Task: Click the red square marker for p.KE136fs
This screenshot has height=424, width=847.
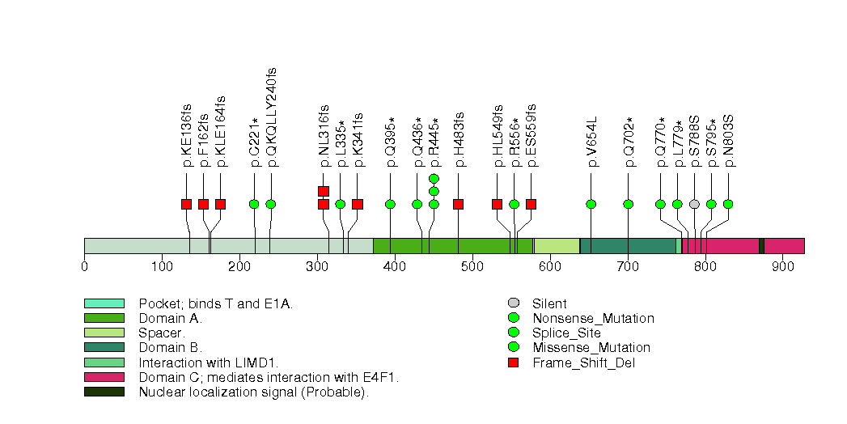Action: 186,204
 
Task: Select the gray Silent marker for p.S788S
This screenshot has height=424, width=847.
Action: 694,204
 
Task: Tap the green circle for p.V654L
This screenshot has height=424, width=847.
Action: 591,204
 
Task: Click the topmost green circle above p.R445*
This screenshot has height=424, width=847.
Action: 434,178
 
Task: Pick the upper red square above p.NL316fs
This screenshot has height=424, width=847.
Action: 324,191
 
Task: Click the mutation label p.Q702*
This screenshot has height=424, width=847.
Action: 629,142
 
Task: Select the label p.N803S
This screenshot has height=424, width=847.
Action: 728,141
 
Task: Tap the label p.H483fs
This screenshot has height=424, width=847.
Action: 459,139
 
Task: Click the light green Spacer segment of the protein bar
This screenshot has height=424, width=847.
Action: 557,246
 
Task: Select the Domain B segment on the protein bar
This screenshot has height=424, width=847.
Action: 628,246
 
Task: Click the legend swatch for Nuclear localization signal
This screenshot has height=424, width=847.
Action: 104,392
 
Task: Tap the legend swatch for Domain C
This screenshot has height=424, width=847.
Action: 104,377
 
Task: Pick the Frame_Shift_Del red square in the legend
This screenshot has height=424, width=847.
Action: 512,363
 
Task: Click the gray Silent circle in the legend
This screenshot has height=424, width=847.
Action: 512,304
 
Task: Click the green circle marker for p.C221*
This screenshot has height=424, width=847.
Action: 254,204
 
